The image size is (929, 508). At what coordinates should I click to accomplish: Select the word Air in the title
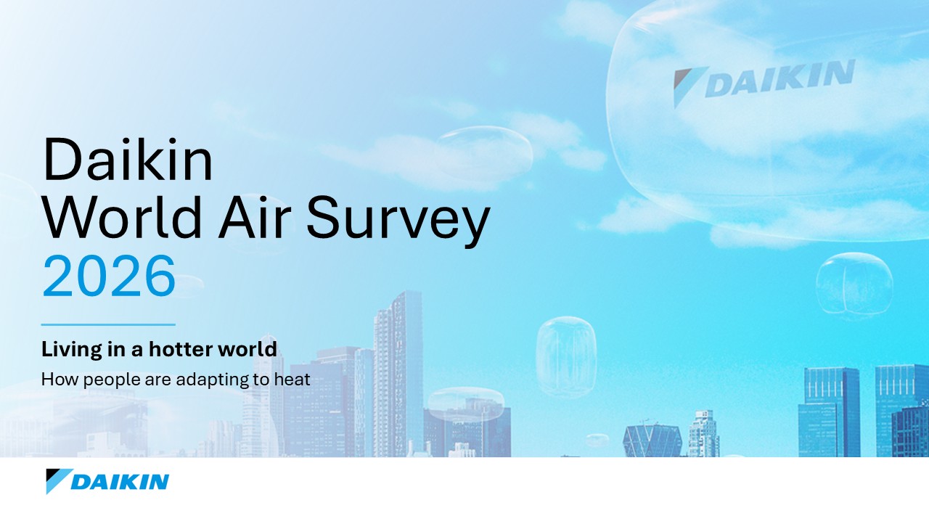point(254,217)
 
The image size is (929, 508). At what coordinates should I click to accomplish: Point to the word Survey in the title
point(398,222)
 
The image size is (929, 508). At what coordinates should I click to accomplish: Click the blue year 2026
point(109,276)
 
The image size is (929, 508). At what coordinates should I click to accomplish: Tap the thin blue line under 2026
point(108,324)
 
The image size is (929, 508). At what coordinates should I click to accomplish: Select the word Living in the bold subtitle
point(71,350)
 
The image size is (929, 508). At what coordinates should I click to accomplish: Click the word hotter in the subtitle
point(181,349)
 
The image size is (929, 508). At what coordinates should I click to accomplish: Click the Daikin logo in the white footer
point(107,481)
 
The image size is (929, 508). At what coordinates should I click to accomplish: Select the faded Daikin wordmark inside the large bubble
point(764,82)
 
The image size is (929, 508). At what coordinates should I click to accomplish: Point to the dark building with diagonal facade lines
point(652,441)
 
